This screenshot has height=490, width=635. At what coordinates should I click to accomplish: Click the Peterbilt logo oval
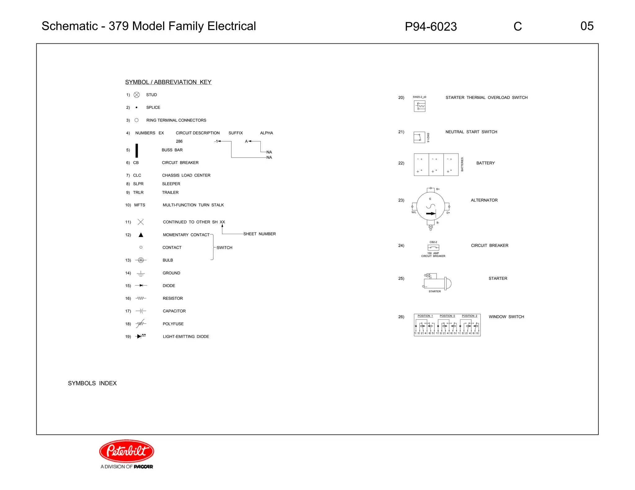[x=127, y=451]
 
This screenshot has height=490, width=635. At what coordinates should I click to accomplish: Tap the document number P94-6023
[x=431, y=27]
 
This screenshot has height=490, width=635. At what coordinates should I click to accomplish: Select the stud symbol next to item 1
[x=137, y=95]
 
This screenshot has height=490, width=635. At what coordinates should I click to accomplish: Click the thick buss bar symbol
[x=137, y=151]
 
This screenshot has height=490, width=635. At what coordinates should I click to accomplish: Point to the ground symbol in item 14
[x=141, y=273]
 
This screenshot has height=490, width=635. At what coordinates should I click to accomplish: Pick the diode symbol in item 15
[x=141, y=286]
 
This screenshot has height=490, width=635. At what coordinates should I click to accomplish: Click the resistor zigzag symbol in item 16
[x=141, y=298]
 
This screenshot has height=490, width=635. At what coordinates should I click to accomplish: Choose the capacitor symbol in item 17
[x=141, y=311]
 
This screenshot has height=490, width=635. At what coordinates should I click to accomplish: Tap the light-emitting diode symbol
[x=141, y=336]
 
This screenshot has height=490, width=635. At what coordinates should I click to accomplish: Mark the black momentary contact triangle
[x=141, y=235]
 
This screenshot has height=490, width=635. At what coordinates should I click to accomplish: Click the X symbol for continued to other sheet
[x=140, y=222]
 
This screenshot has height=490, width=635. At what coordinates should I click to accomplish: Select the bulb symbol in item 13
[x=141, y=260]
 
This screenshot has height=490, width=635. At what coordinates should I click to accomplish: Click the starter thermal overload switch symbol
[x=420, y=106]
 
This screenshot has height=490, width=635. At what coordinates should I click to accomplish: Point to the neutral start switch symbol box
[x=419, y=137]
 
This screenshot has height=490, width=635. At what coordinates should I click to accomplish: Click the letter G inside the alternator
[x=430, y=199]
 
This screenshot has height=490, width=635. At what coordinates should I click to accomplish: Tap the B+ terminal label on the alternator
[x=438, y=189]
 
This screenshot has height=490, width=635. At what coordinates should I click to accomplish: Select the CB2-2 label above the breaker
[x=433, y=242]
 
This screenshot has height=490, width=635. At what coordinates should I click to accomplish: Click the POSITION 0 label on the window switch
[x=447, y=316]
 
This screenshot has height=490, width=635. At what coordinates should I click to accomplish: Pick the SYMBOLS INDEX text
[x=92, y=383]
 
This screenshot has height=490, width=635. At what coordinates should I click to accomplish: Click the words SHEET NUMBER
[x=260, y=234]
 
